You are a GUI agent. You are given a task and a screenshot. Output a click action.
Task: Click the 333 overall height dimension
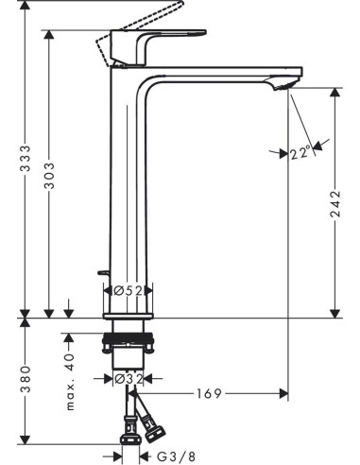(26, 158)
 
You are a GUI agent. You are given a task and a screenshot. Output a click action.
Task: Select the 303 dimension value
(49, 176)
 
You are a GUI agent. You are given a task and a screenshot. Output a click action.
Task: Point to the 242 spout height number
(335, 203)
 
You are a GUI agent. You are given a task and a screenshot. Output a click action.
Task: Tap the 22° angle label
(300, 154)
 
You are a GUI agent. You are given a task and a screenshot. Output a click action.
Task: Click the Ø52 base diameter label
(129, 290)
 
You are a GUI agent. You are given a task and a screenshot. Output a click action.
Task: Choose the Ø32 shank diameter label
(129, 378)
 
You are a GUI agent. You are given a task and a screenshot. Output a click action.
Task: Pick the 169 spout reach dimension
(209, 393)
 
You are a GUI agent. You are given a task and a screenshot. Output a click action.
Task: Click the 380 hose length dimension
(26, 379)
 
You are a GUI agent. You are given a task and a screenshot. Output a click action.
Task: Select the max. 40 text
(70, 382)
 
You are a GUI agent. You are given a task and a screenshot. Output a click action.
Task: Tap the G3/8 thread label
(176, 456)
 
